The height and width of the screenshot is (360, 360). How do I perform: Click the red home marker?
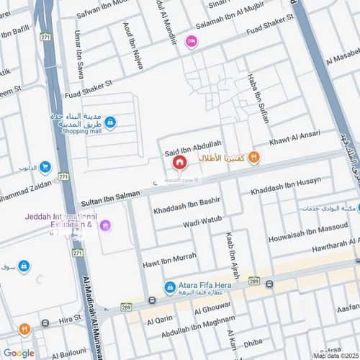click(177, 163)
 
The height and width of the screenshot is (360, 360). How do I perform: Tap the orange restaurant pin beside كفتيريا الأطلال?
click(253, 158)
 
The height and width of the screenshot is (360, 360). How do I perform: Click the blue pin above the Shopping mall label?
click(109, 123)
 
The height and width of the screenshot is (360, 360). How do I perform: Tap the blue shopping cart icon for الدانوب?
click(45, 168)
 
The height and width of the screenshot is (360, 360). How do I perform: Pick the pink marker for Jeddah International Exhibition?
click(106, 225)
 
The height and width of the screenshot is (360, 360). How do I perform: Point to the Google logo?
click(19, 353)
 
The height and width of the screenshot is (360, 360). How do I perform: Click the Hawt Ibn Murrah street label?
click(169, 256)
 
